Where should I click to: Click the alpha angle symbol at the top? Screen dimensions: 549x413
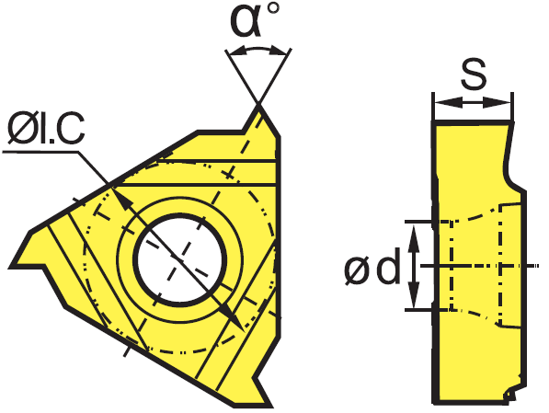tap(246, 21)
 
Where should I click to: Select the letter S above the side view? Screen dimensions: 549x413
tap(474, 74)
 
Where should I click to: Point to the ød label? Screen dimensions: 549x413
tap(372, 266)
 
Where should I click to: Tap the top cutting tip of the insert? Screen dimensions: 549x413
tap(259, 106)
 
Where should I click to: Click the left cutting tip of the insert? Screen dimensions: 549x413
tap(11, 267)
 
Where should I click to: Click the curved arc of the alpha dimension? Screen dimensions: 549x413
tap(258, 49)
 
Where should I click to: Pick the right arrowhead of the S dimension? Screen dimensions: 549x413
tap(498, 103)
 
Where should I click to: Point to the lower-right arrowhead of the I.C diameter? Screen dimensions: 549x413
tap(233, 317)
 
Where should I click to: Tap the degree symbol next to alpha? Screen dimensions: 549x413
tap(273, 7)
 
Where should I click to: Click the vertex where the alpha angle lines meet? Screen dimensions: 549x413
tap(258, 103)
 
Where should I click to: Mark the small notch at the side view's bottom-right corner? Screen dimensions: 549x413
tap(511, 396)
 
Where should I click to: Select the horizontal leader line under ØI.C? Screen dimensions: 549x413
tap(40, 152)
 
